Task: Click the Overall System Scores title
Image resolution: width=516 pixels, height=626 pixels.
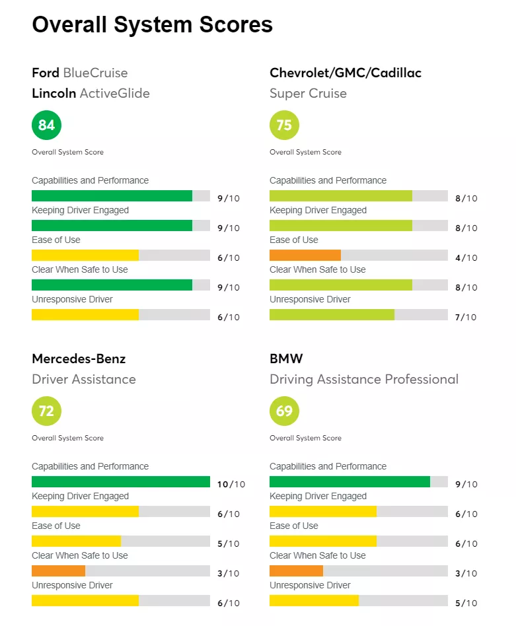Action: coord(152,24)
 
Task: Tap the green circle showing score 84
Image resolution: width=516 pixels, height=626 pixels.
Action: coord(46,125)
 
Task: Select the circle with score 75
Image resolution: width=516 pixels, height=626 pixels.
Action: coord(284,125)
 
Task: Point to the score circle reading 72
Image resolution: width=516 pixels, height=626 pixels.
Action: coord(46,411)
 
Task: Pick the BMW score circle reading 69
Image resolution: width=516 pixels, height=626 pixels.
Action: coord(284,411)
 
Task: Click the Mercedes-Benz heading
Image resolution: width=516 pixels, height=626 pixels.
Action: coord(79,359)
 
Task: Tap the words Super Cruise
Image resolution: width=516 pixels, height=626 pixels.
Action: coord(308,93)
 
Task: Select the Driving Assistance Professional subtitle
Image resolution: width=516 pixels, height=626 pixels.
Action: coord(363,379)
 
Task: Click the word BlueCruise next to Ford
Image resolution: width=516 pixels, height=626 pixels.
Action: coord(95,73)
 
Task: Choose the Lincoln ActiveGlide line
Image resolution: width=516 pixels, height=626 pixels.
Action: coord(91,93)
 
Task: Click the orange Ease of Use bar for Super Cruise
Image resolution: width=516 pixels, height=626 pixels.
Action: coord(305,256)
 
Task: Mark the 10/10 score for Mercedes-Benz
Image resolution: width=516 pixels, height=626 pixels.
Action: coord(231,484)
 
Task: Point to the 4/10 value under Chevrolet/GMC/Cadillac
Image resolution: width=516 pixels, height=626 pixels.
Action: coord(466,258)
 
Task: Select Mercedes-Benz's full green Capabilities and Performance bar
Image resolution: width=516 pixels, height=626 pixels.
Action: coord(121,482)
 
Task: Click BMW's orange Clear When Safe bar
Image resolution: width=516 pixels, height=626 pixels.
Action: coord(296,571)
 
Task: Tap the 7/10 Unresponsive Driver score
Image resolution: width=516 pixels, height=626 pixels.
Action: coord(466,317)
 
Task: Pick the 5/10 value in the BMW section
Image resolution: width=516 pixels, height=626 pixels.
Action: coord(466,603)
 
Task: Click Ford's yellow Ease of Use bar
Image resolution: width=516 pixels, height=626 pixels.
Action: coord(85,256)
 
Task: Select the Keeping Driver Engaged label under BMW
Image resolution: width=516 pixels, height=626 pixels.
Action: coord(318,496)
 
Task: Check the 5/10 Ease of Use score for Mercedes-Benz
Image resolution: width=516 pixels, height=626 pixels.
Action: coord(228,543)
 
